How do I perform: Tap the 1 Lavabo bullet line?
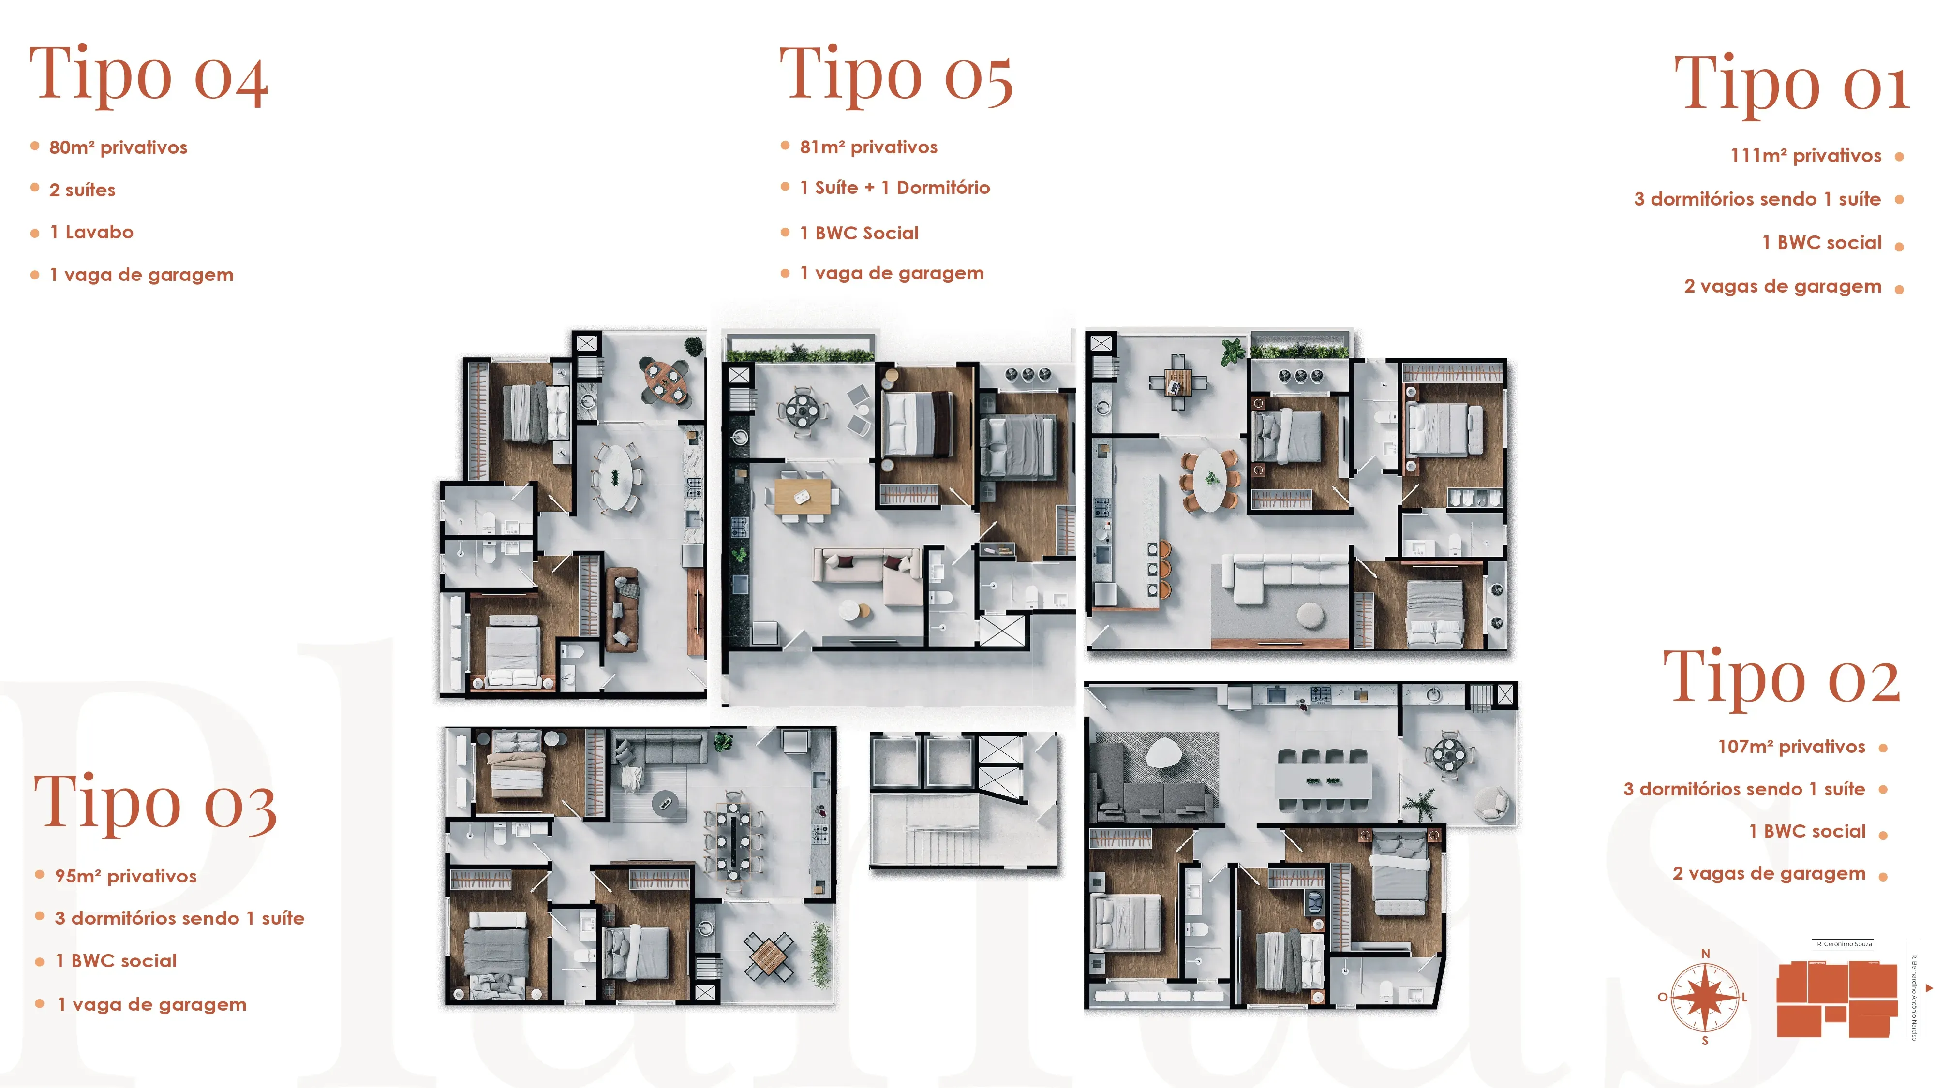pyautogui.click(x=91, y=233)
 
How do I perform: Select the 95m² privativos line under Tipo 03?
pyautogui.click(x=125, y=876)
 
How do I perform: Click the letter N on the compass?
pyautogui.click(x=1705, y=954)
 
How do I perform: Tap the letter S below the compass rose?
pyautogui.click(x=1705, y=1041)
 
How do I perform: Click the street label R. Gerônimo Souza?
pyautogui.click(x=1844, y=944)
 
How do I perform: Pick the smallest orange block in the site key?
pyautogui.click(x=1835, y=1014)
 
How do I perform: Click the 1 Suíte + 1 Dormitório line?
pyautogui.click(x=894, y=188)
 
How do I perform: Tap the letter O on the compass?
pyautogui.click(x=1662, y=997)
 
